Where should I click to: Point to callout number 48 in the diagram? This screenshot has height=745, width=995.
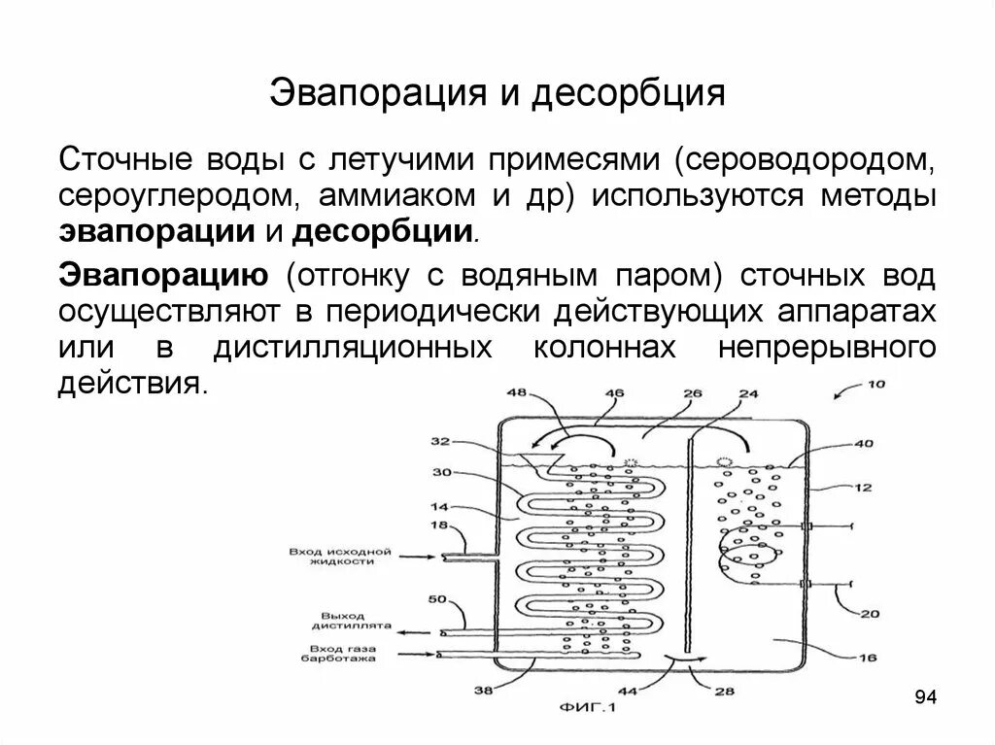[517, 393]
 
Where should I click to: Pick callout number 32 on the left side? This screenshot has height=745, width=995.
[440, 442]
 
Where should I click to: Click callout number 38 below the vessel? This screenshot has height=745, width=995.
[481, 692]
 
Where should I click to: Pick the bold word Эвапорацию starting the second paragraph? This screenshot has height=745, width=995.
[164, 274]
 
